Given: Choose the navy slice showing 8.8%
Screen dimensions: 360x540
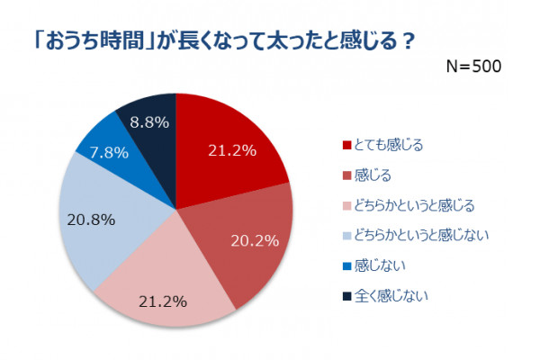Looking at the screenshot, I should (148, 117).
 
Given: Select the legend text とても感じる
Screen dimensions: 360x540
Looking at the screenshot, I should (388, 144).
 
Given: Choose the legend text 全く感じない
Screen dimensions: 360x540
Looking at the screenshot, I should (391, 295).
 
